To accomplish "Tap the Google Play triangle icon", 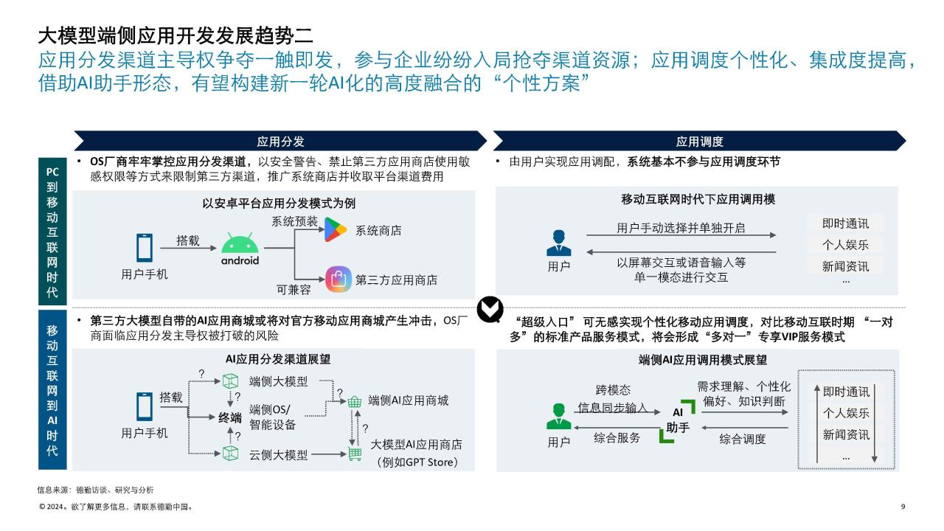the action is click(x=336, y=229).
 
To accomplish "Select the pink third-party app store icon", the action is click(x=339, y=279).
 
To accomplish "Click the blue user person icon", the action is click(x=559, y=243).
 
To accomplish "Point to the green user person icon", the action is click(x=559, y=417).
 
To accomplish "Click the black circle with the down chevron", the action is click(x=490, y=309).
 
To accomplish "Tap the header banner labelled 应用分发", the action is click(x=280, y=141).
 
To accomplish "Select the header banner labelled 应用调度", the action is click(x=700, y=141).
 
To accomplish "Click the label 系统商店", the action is click(x=378, y=231).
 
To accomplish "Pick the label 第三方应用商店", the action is click(x=397, y=280).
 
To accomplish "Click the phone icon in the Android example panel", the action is click(x=145, y=248).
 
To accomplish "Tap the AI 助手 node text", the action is click(x=678, y=420).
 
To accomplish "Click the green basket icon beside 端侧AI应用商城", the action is click(x=355, y=401).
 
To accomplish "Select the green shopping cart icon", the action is click(x=355, y=454).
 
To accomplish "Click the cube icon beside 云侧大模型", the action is click(x=230, y=454).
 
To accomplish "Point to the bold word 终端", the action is click(x=230, y=417).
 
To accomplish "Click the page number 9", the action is click(x=903, y=507).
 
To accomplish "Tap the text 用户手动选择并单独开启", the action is click(x=681, y=228).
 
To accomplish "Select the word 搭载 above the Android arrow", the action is click(x=188, y=240).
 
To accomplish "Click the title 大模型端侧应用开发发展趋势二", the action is click(x=176, y=35).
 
